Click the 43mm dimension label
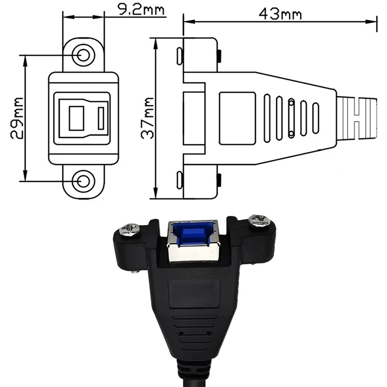pos(280,14)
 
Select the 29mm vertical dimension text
pos(16,118)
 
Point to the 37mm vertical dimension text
pos(148,118)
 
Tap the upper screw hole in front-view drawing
pos(84,56)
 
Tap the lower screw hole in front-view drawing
pos(84,181)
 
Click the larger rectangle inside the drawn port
pos(76,119)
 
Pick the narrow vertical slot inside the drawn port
pos(101,119)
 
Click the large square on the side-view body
pos(237,119)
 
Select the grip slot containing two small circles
pos(291,119)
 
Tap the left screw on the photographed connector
pos(131,228)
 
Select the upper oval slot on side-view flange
pos(179,56)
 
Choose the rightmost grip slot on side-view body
pos(316,119)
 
